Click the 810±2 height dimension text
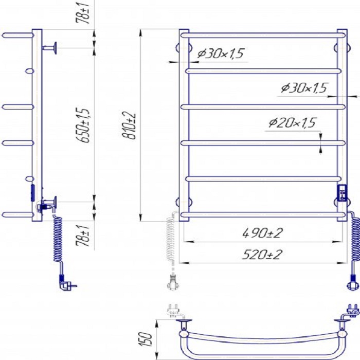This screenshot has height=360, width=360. point(129,125)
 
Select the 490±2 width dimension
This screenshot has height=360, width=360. point(262,233)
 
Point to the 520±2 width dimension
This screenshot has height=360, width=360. point(262,255)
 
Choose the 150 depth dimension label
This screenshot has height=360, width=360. point(146,339)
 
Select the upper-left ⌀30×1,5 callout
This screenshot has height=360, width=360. point(221,53)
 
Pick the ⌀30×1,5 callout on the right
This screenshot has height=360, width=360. point(304,88)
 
